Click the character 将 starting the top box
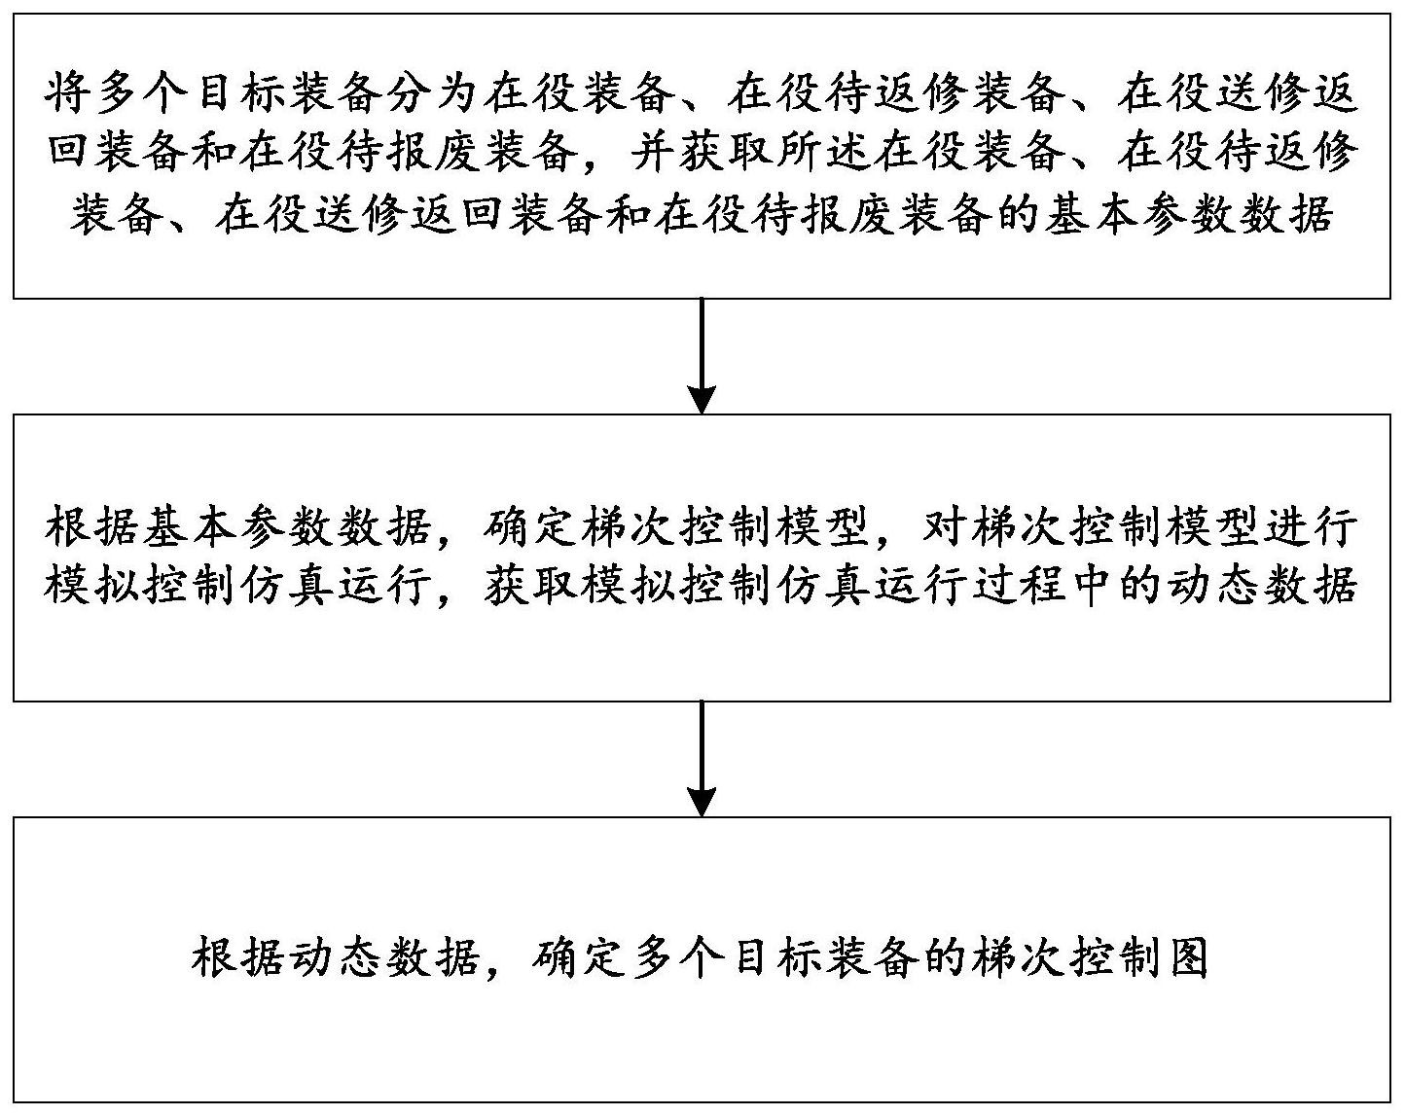click(67, 92)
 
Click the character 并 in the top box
click(655, 152)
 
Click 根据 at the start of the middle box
click(91, 526)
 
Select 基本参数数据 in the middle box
click(286, 526)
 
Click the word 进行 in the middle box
click(1311, 526)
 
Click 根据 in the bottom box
click(237, 959)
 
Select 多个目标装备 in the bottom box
click(773, 959)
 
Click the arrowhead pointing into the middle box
click(702, 399)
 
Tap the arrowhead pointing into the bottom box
click(702, 803)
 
